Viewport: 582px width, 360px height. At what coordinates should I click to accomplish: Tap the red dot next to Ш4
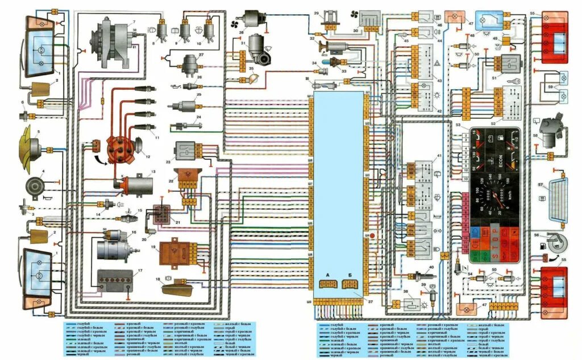pos(373,234)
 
